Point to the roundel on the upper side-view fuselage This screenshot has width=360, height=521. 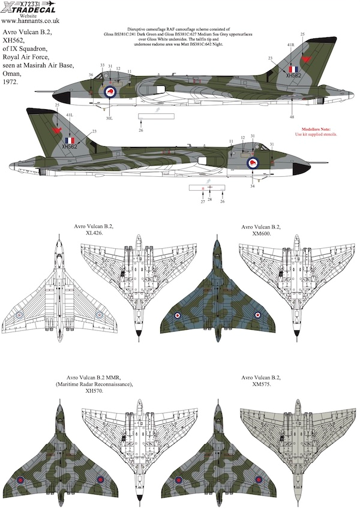pyautogui.click(x=110, y=92)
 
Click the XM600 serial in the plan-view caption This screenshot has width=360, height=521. pyautogui.click(x=261, y=234)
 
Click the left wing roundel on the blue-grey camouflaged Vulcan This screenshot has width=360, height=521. pyautogui.click(x=178, y=315)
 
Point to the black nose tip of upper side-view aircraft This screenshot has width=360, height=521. pyautogui.click(x=58, y=97)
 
